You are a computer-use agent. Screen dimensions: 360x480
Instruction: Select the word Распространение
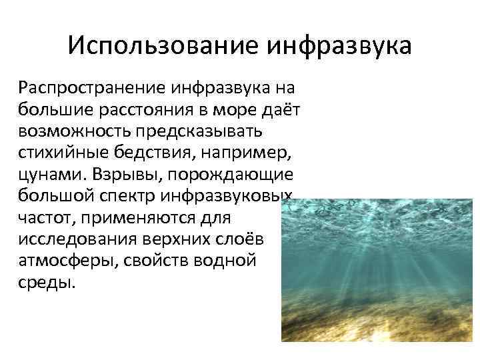click(94, 87)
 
